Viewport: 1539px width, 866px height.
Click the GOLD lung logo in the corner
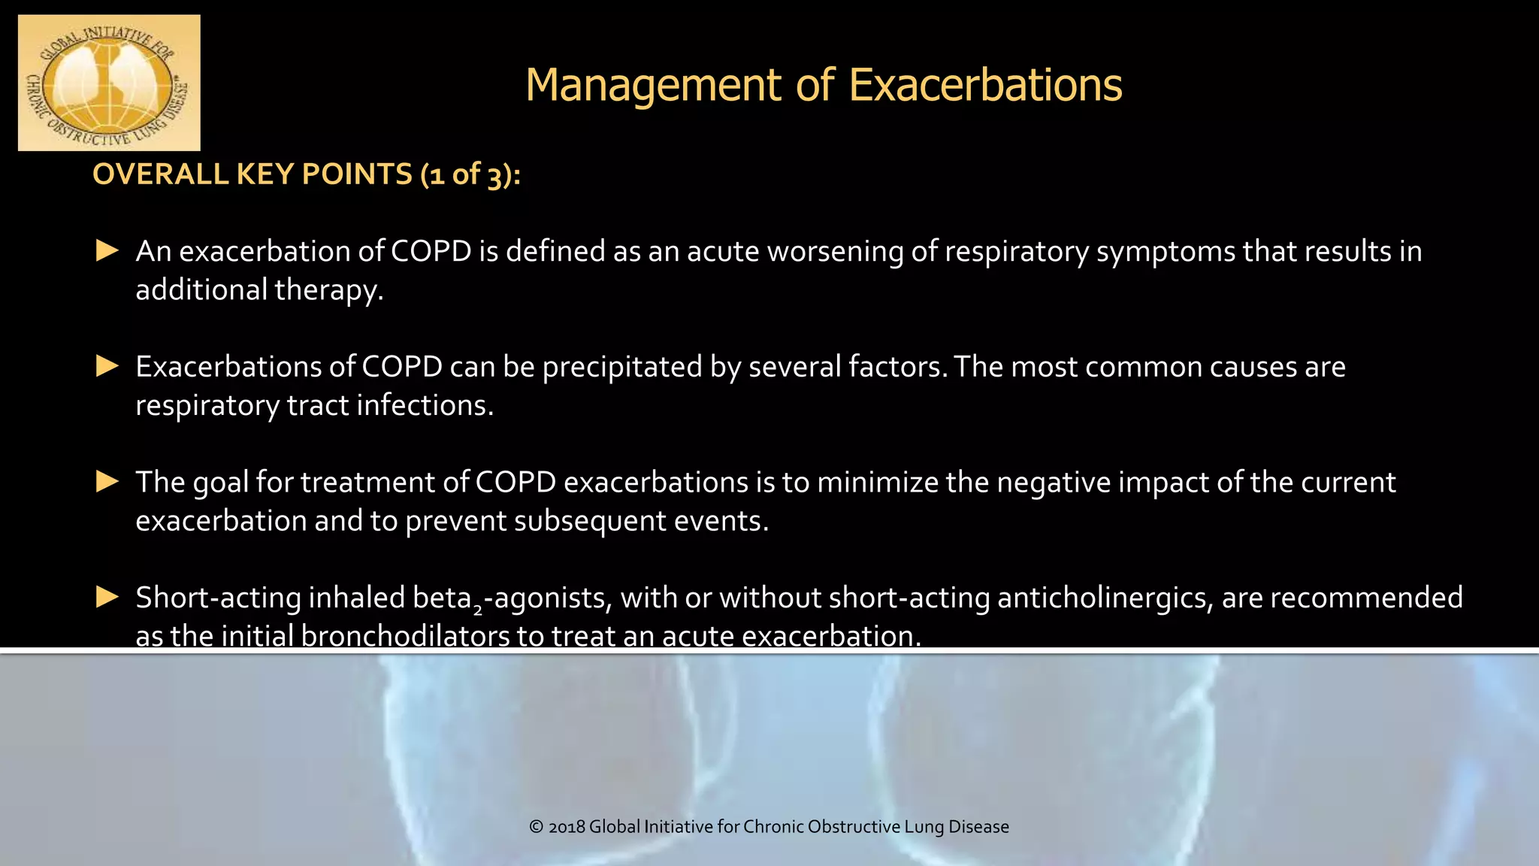pos(109,83)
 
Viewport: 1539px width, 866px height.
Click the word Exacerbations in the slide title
pos(985,84)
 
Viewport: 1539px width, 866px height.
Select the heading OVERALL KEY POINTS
pos(252,174)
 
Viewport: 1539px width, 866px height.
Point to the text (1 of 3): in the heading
pos(470,174)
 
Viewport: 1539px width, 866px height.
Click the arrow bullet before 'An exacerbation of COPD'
pos(107,250)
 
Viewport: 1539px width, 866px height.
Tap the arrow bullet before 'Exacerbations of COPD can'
pos(107,366)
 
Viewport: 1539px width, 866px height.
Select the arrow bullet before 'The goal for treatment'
pos(107,481)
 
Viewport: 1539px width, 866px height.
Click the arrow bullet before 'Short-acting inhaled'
pos(107,597)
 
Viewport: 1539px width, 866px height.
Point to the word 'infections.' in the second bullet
pos(425,406)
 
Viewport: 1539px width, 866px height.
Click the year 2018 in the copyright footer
pos(567,827)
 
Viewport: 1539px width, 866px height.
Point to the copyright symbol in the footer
pos(537,827)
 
